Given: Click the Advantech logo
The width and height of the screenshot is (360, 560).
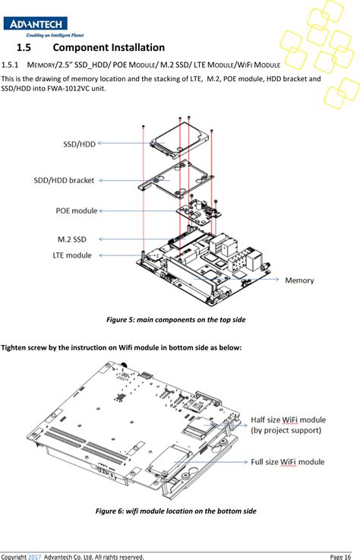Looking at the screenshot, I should tap(35, 24).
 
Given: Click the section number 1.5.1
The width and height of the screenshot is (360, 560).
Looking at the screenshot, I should tap(13, 64).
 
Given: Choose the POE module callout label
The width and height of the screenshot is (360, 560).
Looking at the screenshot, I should tap(77, 210).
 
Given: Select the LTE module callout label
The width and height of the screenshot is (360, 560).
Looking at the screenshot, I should tap(73, 255).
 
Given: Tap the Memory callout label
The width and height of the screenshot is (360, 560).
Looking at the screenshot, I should tap(299, 280).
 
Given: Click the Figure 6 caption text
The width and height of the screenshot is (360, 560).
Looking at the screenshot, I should tap(175, 511).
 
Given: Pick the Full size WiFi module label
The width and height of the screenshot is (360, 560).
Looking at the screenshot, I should tap(288, 462).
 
